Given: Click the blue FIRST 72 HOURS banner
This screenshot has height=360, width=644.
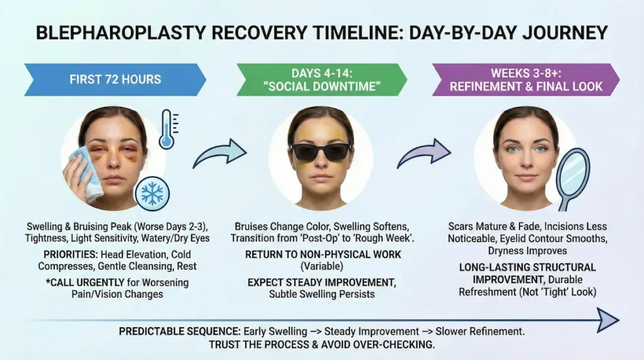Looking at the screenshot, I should pyautogui.click(x=115, y=79).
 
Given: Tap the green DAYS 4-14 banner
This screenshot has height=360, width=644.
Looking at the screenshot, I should pyautogui.click(x=321, y=79).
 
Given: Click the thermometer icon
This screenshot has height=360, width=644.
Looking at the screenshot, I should pyautogui.click(x=167, y=129).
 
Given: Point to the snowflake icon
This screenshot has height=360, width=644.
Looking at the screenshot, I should pyautogui.click(x=152, y=194).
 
